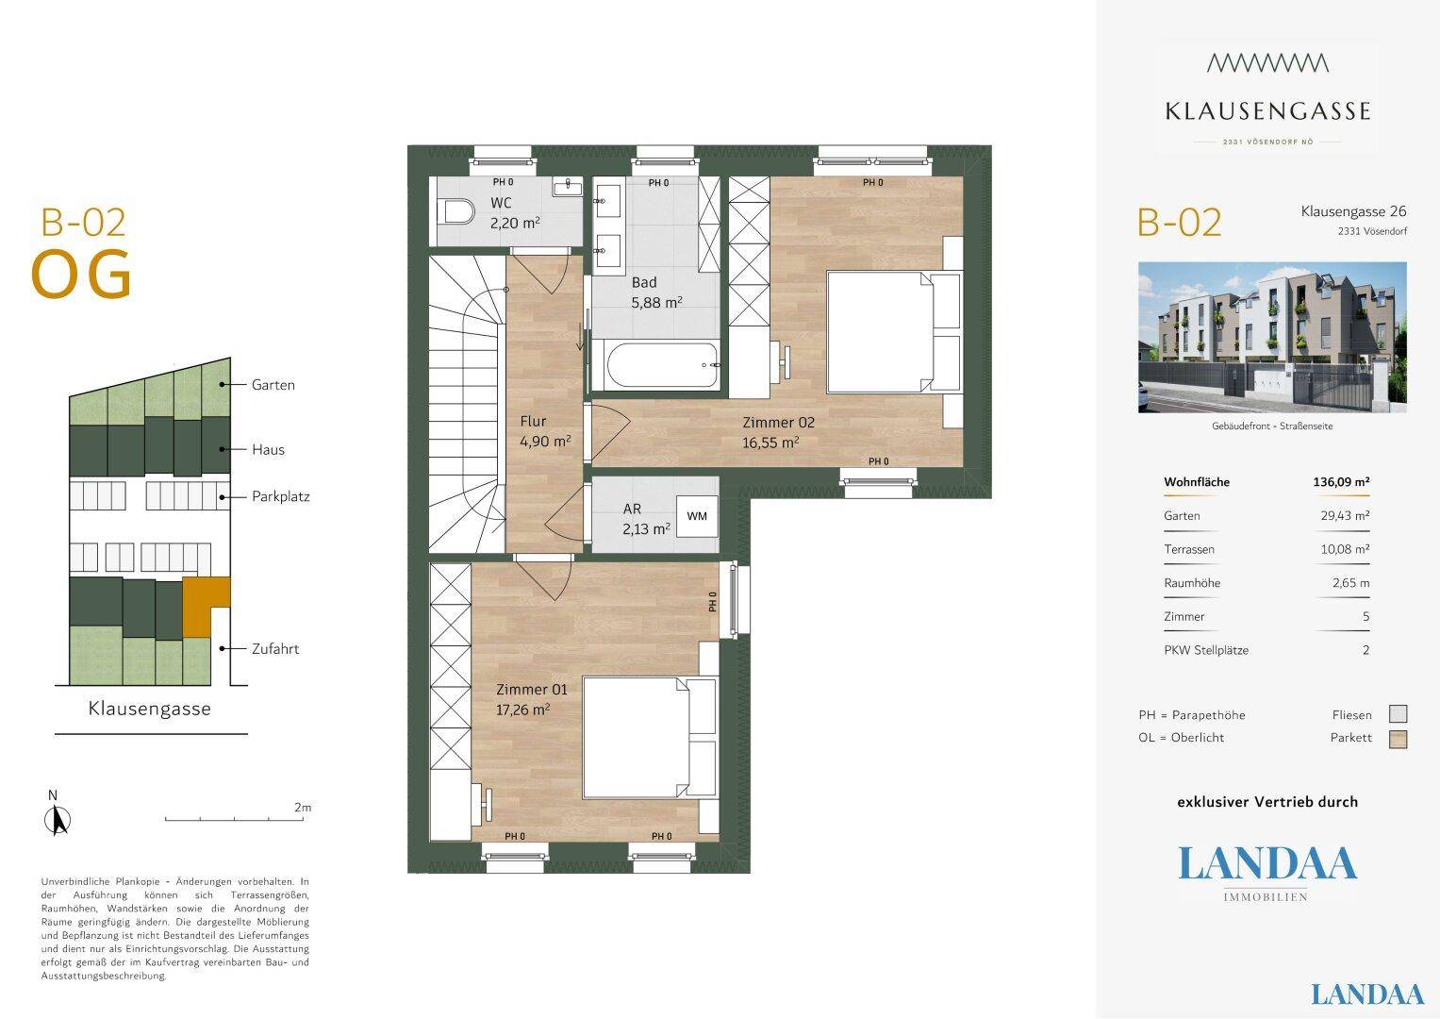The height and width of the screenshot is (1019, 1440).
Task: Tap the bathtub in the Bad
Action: tap(663, 365)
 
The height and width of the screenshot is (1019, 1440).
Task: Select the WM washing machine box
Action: tap(697, 516)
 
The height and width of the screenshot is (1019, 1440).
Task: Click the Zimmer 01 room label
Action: tap(532, 690)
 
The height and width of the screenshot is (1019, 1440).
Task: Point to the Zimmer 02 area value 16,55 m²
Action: tap(770, 443)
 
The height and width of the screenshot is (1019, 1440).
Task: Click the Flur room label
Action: tap(533, 422)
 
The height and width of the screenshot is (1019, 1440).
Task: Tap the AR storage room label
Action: tap(632, 509)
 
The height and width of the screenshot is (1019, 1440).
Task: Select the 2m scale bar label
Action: tap(303, 808)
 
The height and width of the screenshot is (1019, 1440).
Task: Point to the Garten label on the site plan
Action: tap(273, 385)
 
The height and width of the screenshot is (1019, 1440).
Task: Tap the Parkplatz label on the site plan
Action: tap(281, 496)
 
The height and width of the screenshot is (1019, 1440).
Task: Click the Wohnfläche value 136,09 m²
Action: tap(1341, 482)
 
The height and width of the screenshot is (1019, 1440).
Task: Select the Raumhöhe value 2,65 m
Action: tap(1350, 583)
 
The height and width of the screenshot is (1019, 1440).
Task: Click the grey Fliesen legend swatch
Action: tap(1399, 714)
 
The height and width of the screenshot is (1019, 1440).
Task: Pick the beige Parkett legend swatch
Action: tap(1399, 739)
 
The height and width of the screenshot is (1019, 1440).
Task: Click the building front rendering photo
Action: tap(1272, 337)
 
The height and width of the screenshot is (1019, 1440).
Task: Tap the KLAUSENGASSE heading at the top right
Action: tap(1267, 111)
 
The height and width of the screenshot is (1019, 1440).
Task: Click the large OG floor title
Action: tap(82, 275)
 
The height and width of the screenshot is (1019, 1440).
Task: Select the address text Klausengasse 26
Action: tap(1354, 211)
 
